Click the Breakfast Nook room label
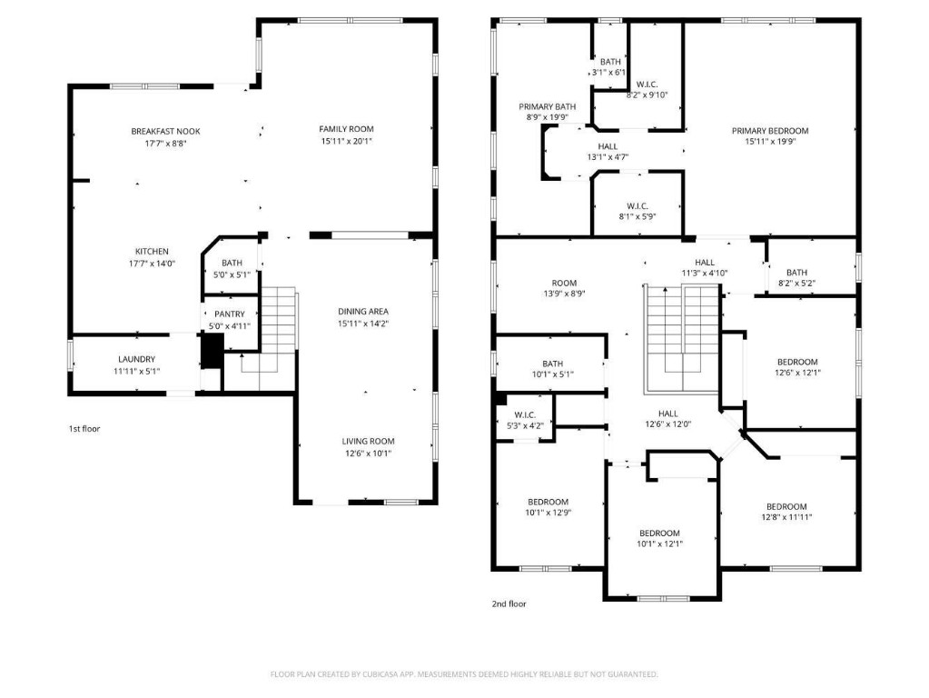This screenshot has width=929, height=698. (165, 132)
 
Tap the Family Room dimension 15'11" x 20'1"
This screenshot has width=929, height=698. (346, 141)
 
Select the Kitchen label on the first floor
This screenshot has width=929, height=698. (152, 252)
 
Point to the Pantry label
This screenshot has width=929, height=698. (230, 314)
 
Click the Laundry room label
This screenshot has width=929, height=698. (136, 359)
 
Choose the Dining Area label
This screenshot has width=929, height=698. (363, 311)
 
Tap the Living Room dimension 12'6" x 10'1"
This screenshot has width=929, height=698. (368, 454)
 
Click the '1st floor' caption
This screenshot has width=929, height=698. (84, 428)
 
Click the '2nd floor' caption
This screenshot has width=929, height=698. (509, 603)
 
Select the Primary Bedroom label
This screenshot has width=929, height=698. (770, 131)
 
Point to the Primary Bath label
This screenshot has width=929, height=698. (548, 105)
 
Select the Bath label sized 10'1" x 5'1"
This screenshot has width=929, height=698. (552, 364)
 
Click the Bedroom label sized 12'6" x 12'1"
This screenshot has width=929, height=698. (796, 362)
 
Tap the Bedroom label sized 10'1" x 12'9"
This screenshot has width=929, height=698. (549, 502)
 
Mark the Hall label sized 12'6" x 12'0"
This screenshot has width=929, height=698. (667, 413)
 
